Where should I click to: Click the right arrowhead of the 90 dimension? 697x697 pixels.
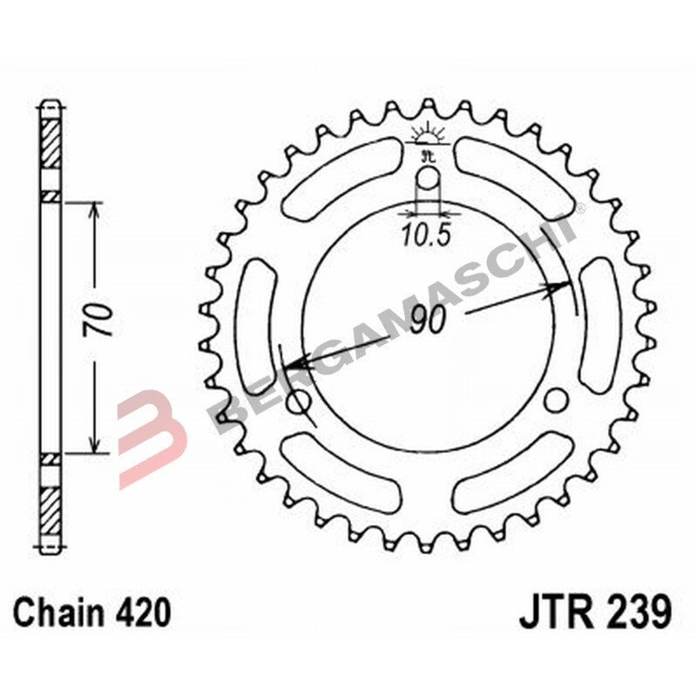pyautogui.click(x=562, y=284)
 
